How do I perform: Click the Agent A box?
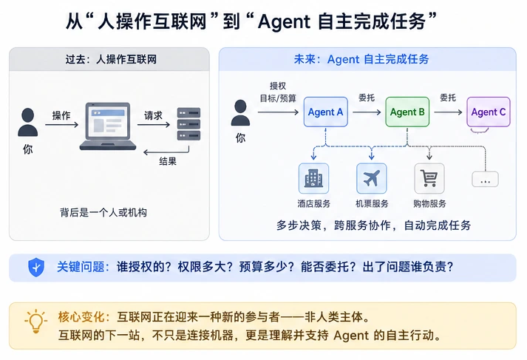point(325,112)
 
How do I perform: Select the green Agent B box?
point(407,112)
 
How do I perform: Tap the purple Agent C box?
point(489,112)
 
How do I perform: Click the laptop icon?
point(108,126)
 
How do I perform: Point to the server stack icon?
point(188,123)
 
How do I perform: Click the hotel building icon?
point(313,178)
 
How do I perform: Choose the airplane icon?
point(371,178)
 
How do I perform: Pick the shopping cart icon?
point(429,178)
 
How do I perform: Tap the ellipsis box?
point(485,179)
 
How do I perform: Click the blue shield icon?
point(36,267)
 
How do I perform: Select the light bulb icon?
point(35,321)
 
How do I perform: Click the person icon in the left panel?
point(27,122)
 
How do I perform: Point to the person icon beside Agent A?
point(240,112)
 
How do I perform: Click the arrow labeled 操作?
point(61,125)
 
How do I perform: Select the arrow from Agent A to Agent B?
point(367,112)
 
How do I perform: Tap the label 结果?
point(168,161)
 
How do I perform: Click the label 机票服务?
point(372,204)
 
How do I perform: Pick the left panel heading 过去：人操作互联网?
point(111,59)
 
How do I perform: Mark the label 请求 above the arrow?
point(153,115)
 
